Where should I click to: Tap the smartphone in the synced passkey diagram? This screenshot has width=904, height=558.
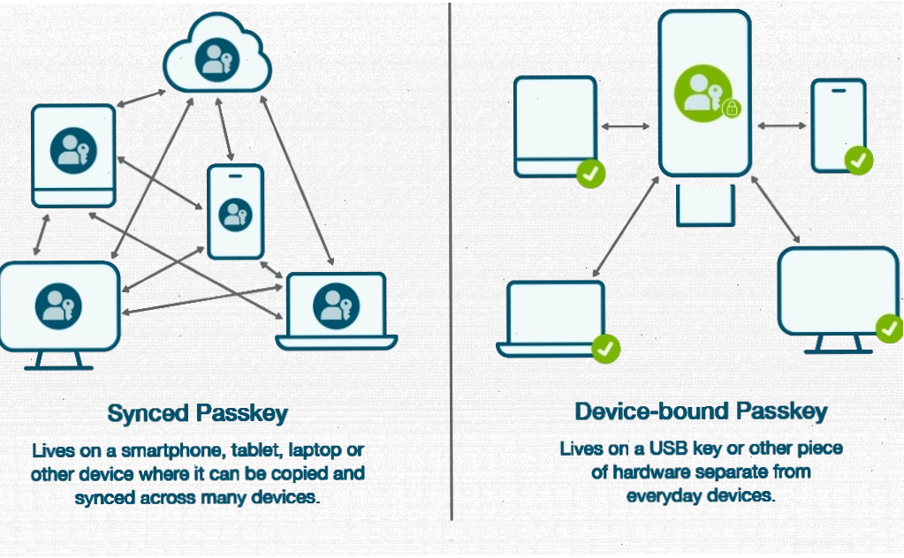tap(235, 211)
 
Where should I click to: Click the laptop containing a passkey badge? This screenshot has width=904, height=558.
tap(337, 312)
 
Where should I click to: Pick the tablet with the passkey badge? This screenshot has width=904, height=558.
tap(73, 155)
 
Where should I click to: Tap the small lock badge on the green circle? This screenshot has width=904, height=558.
tap(732, 109)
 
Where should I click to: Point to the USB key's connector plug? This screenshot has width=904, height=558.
tap(705, 205)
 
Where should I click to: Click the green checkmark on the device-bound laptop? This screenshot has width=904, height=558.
tap(605, 349)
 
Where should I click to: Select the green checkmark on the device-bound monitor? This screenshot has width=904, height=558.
tap(890, 328)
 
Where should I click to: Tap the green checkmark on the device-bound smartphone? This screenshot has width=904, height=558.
tap(858, 160)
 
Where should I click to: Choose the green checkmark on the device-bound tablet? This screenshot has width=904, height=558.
tap(591, 173)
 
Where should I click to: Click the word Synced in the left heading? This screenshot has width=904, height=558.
tap(148, 414)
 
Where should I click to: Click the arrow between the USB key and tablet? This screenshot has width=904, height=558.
tap(626, 126)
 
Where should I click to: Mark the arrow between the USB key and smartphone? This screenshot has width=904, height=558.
tap(781, 125)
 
